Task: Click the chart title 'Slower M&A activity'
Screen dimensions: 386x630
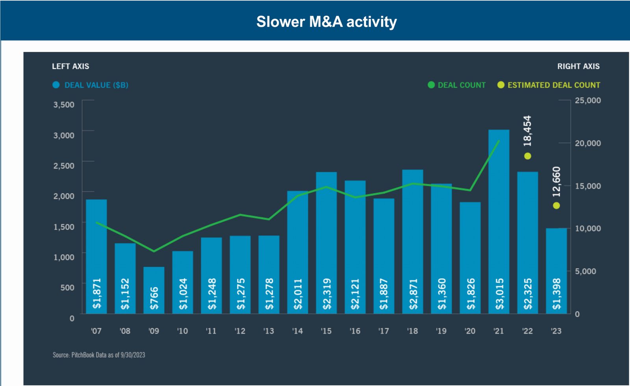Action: [x=326, y=22]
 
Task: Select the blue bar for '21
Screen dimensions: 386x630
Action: [x=499, y=205]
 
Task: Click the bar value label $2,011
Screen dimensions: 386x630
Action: [x=298, y=294]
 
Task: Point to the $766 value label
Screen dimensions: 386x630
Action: [x=154, y=298]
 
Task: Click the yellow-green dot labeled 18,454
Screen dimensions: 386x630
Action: [x=528, y=156]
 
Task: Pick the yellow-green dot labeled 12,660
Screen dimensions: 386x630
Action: [x=556, y=205]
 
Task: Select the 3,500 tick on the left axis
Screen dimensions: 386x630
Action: [x=64, y=105]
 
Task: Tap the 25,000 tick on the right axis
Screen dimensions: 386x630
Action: [x=588, y=100]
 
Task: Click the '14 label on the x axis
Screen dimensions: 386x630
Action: [x=298, y=331]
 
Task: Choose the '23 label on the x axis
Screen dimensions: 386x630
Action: [x=556, y=331]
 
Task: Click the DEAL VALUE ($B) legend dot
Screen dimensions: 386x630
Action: [x=56, y=85]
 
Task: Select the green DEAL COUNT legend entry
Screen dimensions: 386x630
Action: [x=457, y=85]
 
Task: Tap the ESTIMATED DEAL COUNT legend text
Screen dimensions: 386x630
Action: [x=554, y=85]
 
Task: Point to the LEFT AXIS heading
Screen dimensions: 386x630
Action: [x=70, y=66]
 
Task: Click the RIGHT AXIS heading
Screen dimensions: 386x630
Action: [x=578, y=66]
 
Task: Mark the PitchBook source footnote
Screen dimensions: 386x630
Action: [x=99, y=355]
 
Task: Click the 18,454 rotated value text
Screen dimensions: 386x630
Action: [x=528, y=131]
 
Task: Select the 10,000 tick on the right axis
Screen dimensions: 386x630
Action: [x=588, y=229]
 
